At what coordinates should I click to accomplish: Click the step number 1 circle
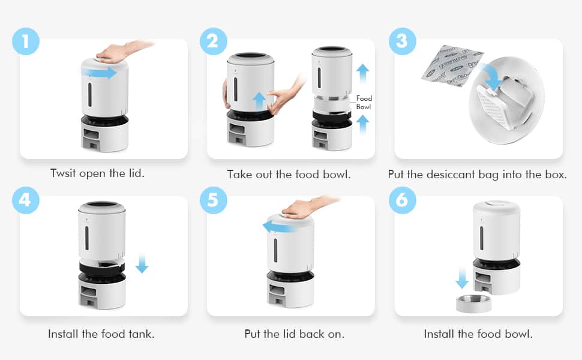coord(26,41)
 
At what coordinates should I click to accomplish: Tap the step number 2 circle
coord(214,41)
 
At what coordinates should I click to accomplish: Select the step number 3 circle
coord(403,41)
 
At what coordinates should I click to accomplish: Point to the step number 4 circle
coord(26,200)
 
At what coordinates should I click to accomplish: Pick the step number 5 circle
coord(214,200)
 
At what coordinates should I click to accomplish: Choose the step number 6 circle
coord(403,200)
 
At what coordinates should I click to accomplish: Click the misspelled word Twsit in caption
coord(63,173)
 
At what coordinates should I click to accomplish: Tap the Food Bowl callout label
coord(364,103)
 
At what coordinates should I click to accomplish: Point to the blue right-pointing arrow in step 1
coord(99,73)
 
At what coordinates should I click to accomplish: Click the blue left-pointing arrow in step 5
coord(279,226)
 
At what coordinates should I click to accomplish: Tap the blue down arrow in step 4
coord(142,263)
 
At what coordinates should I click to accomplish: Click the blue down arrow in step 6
coord(462,279)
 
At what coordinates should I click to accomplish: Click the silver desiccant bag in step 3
coord(452,65)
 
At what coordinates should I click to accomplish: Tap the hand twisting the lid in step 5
coord(308,208)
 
